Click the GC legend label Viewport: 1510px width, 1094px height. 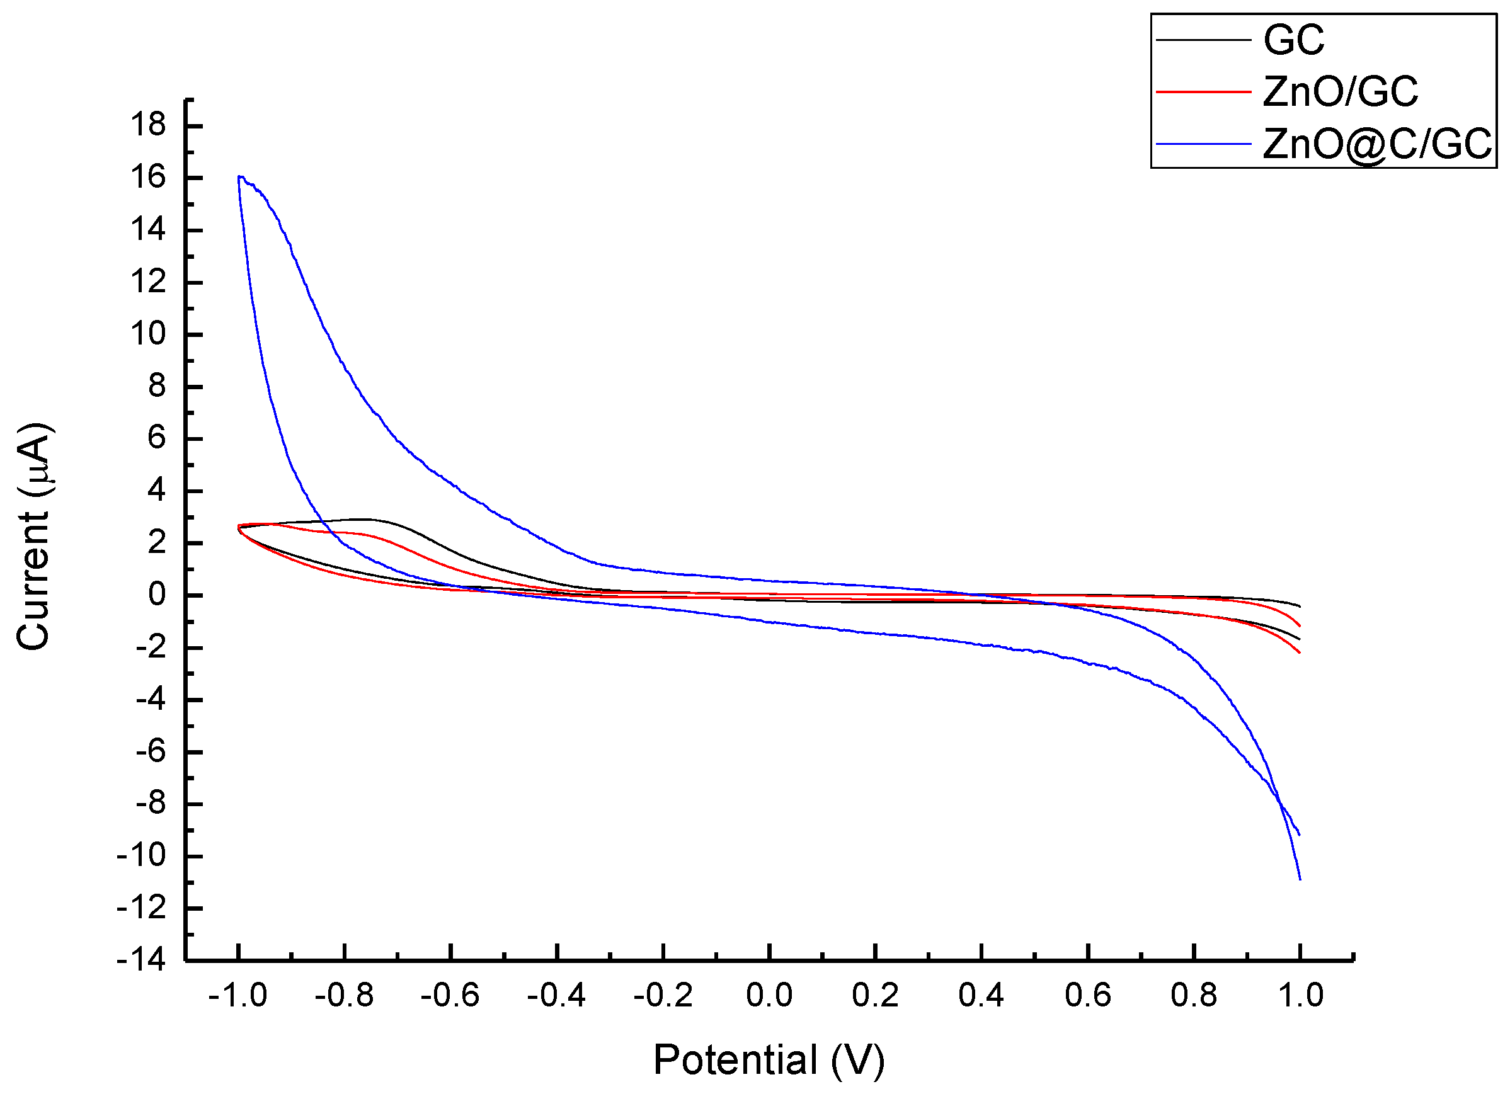(1294, 40)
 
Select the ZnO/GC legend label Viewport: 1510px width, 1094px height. (1339, 91)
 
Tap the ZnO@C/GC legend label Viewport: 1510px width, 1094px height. (1377, 143)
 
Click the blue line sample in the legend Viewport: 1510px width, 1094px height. (1203, 143)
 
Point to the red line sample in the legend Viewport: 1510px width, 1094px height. (1203, 91)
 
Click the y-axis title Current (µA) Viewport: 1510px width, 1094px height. (33, 537)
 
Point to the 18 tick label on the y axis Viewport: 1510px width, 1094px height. (148, 125)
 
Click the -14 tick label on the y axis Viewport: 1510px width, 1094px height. (141, 960)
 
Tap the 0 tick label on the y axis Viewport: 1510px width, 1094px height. (156, 595)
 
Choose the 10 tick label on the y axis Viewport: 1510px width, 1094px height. (148, 333)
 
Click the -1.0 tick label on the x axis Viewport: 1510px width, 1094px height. (237, 996)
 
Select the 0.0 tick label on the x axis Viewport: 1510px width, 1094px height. (769, 996)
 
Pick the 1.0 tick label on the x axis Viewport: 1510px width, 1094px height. (1300, 996)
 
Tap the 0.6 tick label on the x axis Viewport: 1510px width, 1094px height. (1088, 996)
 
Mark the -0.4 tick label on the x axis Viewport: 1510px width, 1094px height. (557, 996)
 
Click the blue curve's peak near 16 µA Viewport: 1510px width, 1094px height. (241, 176)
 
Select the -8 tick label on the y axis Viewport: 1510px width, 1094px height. (150, 803)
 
